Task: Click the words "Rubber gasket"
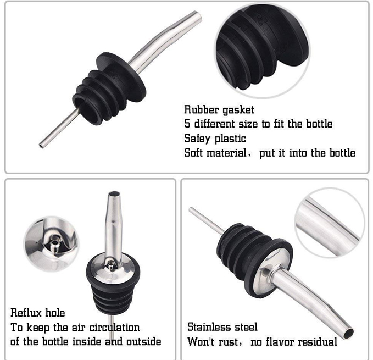click(219, 110)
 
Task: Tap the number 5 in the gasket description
click(187, 124)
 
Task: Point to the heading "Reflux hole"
click(37, 313)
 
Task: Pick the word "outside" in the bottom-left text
click(144, 342)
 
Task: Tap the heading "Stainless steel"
click(222, 327)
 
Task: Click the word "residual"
click(318, 342)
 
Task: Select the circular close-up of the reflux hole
click(51, 244)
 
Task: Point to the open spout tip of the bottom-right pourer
click(348, 333)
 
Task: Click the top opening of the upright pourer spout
click(114, 193)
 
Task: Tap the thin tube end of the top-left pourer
click(41, 145)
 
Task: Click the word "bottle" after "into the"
click(342, 152)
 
